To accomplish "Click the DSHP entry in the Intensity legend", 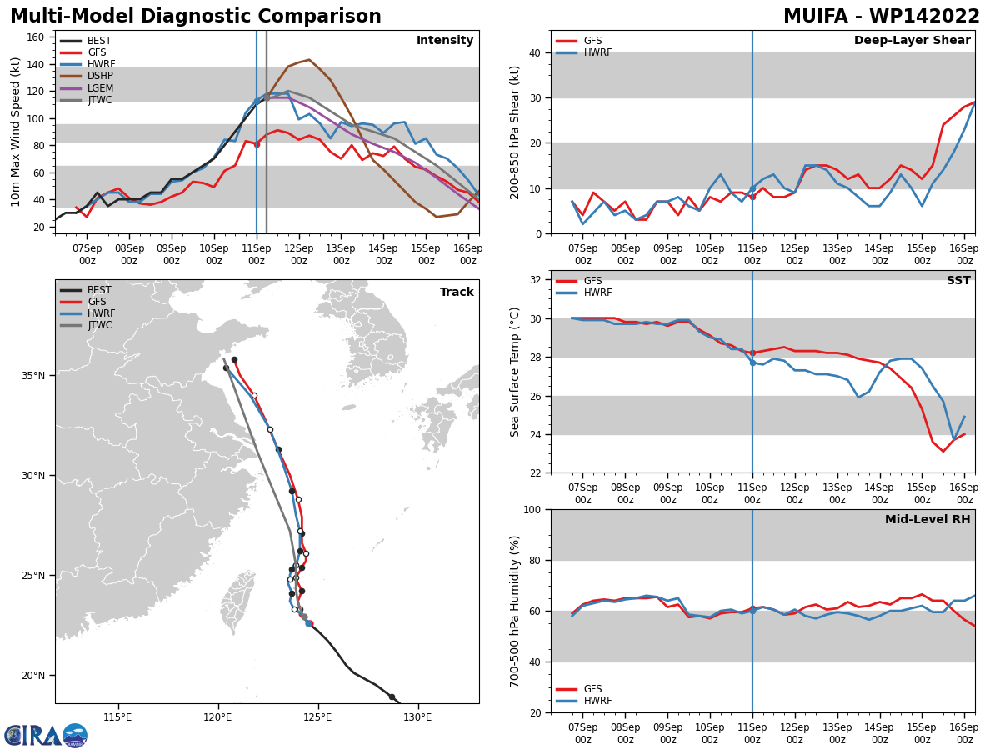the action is click(86, 76).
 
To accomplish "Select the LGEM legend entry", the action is click(87, 87).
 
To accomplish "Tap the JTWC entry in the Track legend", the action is click(86, 325).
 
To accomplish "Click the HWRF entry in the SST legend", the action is click(584, 292).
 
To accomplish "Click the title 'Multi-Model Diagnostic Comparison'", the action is click(196, 17).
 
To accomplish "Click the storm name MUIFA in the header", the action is click(816, 17).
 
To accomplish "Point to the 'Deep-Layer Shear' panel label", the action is click(912, 40).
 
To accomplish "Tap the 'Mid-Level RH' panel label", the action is click(927, 519).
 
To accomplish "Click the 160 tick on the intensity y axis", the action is click(35, 37).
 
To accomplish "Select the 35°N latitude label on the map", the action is click(33, 376).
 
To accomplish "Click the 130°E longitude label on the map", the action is click(417, 717).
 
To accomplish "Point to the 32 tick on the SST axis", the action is click(536, 280).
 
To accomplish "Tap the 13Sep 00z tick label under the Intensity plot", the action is click(341, 254).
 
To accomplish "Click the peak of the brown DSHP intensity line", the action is click(309, 60).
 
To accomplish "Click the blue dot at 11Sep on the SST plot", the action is click(752, 363).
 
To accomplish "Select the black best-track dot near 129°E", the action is click(392, 697).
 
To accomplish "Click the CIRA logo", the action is click(46, 735).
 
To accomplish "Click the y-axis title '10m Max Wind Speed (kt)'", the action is click(15, 132).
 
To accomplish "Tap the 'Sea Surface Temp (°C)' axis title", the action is click(514, 372).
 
